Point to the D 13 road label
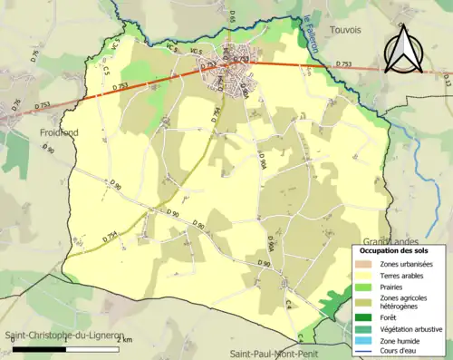click(x=447, y=80)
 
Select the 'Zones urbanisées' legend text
click(x=405, y=263)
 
